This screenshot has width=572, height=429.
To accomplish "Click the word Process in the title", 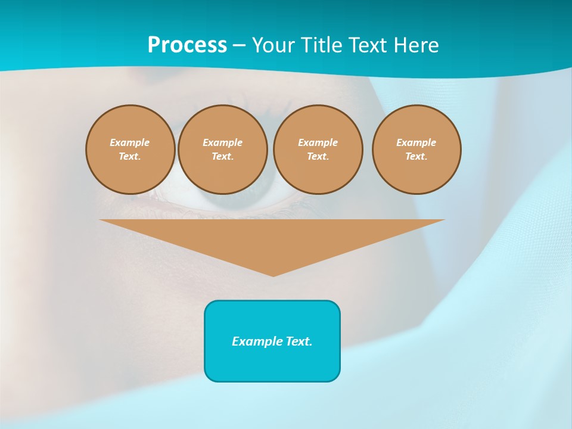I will click(x=187, y=45).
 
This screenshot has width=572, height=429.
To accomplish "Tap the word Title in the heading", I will click(x=322, y=45).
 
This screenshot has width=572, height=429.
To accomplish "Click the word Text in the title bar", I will click(x=369, y=45).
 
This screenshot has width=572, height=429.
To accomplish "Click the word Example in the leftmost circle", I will click(x=130, y=142).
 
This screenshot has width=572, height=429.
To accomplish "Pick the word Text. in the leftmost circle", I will click(x=130, y=156).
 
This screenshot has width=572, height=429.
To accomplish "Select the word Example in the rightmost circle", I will click(x=416, y=142).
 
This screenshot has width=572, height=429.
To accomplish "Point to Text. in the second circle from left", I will click(x=222, y=156).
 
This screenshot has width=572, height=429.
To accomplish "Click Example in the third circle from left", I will click(x=318, y=142).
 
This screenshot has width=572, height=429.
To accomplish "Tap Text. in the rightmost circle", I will click(x=416, y=156).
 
